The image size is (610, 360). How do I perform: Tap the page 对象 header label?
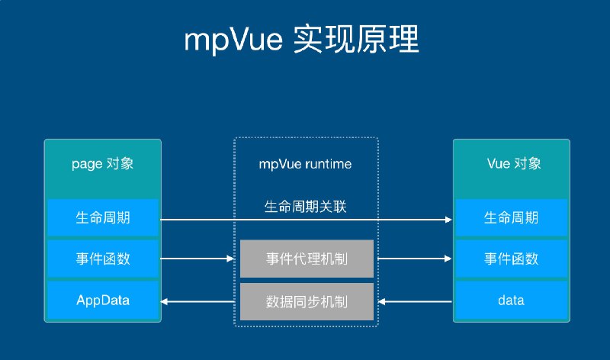[x=102, y=164]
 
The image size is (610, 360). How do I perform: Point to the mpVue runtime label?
[x=306, y=164]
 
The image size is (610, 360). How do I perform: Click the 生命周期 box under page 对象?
[x=102, y=218]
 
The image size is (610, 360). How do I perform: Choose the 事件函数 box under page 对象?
[x=102, y=259]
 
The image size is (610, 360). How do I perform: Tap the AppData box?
[x=102, y=301]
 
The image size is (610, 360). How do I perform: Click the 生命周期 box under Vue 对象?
[x=510, y=218]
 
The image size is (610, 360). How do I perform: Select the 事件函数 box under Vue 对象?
[x=510, y=259]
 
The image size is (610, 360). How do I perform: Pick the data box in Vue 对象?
[x=510, y=301]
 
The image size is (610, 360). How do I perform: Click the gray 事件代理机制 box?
[x=307, y=259]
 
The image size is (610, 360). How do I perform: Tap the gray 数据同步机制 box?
[x=307, y=302]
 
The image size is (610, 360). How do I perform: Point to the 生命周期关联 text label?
[x=306, y=206]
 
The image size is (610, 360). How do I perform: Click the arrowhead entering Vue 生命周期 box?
[x=448, y=220]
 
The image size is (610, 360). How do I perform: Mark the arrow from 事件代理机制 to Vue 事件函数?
[x=413, y=259]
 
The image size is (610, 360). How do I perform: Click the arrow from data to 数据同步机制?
[x=416, y=302]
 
